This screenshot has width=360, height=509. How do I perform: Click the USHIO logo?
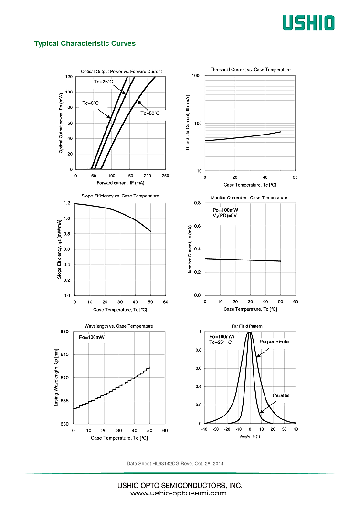click(308, 22)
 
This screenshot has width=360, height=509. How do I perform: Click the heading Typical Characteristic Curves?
click(85, 43)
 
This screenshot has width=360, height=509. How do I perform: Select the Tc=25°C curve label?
click(103, 82)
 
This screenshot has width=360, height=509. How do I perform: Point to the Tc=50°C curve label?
click(150, 114)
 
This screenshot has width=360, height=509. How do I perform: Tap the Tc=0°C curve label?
click(91, 103)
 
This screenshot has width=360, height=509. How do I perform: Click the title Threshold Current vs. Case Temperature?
click(250, 70)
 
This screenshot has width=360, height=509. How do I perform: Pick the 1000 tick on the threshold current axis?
click(197, 76)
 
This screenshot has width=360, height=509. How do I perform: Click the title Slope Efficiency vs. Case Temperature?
click(120, 196)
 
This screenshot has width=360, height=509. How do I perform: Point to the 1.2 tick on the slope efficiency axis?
click(66, 203)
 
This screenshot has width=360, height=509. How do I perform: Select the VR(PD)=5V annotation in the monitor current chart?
click(225, 216)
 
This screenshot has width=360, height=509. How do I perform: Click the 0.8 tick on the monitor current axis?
click(197, 203)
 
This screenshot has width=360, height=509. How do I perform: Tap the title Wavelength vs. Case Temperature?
click(119, 326)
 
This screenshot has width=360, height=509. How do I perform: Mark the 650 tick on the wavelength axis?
click(64, 332)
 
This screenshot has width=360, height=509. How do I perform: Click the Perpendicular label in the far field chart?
click(275, 342)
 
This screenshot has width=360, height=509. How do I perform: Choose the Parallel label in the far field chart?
click(281, 395)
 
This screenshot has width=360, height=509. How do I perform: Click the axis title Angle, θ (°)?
click(250, 436)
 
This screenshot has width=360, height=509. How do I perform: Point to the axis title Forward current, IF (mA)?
click(120, 183)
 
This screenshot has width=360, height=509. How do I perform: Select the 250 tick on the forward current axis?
click(165, 176)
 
